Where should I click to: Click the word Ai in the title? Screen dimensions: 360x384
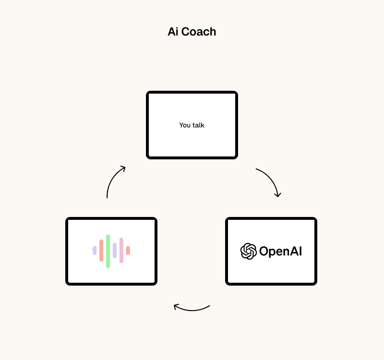pyautogui.click(x=173, y=32)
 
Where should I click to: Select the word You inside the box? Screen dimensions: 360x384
pyautogui.click(x=185, y=125)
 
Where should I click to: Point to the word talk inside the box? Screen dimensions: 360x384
pyautogui.click(x=198, y=125)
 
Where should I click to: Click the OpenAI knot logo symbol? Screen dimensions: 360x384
pyautogui.click(x=248, y=251)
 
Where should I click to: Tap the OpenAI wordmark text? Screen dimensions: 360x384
pyautogui.click(x=280, y=251)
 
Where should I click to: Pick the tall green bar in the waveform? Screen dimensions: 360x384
pyautogui.click(x=108, y=251)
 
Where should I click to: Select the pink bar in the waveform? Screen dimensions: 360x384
pyautogui.click(x=121, y=251)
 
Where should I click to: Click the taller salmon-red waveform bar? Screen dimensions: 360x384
pyautogui.click(x=101, y=251)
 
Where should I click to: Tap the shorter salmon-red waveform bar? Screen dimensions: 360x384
pyautogui.click(x=128, y=251)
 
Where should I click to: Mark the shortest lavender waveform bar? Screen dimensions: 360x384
pyautogui.click(x=95, y=251)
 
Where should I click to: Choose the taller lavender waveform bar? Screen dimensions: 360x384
pyautogui.click(x=115, y=251)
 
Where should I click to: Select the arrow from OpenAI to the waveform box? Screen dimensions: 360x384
pyautogui.click(x=192, y=309)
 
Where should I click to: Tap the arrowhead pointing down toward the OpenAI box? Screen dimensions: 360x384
pyautogui.click(x=277, y=194)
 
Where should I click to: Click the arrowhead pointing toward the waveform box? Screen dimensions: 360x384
pyautogui.click(x=176, y=306)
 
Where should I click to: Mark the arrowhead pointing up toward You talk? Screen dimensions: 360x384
pyautogui.click(x=123, y=168)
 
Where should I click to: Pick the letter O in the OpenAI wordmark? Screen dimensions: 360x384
pyautogui.click(x=264, y=251)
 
